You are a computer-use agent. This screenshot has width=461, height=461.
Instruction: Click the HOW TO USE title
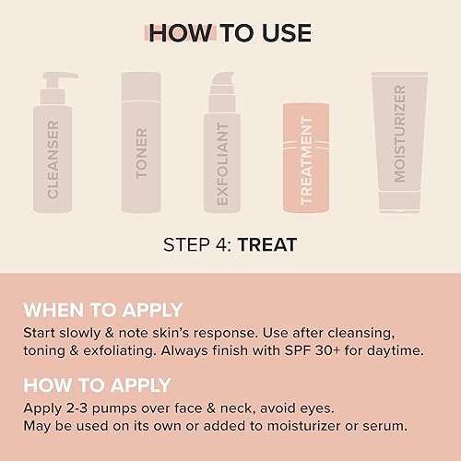(x=230, y=34)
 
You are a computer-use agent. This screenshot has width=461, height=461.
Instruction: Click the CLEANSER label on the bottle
(x=53, y=160)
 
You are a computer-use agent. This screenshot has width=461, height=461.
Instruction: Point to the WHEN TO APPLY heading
(x=103, y=310)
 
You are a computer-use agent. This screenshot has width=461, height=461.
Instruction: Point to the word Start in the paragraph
(x=41, y=333)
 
